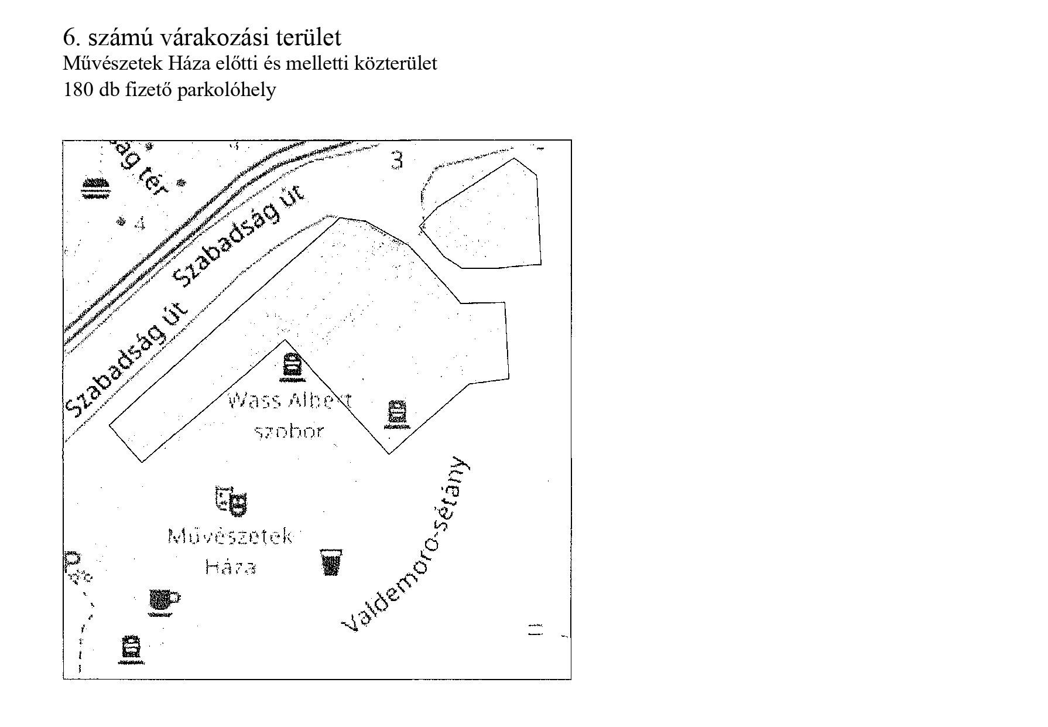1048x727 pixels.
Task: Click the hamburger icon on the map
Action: tap(95, 187)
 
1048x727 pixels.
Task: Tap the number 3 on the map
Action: tap(397, 159)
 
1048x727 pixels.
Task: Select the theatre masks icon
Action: tap(231, 501)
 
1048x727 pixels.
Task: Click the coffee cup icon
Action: tap(165, 601)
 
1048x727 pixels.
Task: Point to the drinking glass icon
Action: tap(331, 562)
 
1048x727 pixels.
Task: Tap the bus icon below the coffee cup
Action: tap(130, 649)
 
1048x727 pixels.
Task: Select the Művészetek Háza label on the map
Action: tap(230, 551)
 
